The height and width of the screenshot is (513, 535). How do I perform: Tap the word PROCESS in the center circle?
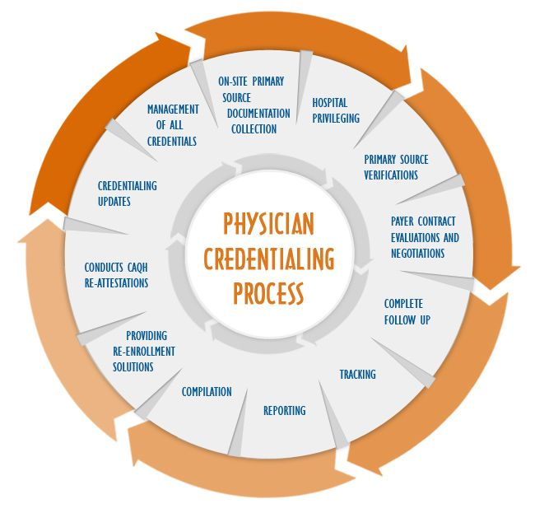click(268, 291)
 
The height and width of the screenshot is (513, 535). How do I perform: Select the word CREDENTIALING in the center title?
click(268, 259)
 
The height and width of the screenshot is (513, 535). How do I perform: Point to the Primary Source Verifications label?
click(396, 167)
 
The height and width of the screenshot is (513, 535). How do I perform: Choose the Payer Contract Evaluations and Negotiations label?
click(424, 237)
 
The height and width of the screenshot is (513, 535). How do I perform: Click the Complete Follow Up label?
click(407, 311)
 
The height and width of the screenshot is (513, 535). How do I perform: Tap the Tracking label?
click(357, 374)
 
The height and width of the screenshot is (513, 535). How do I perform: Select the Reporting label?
click(284, 410)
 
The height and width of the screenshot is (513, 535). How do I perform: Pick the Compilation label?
click(207, 391)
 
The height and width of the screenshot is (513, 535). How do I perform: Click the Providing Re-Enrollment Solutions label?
click(144, 351)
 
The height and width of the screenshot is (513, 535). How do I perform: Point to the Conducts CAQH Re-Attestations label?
click(116, 275)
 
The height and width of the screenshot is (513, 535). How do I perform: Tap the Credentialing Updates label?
click(127, 194)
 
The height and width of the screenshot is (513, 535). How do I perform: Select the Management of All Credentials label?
click(173, 125)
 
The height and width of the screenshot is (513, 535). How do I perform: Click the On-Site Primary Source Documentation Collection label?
click(254, 105)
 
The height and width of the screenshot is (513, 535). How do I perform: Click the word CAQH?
click(137, 267)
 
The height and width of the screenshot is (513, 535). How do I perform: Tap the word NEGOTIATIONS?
click(417, 253)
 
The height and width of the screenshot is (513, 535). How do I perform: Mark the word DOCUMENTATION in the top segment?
click(258, 113)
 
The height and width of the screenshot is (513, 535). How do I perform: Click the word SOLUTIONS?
click(133, 366)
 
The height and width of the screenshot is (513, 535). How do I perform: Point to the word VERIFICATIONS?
click(391, 175)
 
